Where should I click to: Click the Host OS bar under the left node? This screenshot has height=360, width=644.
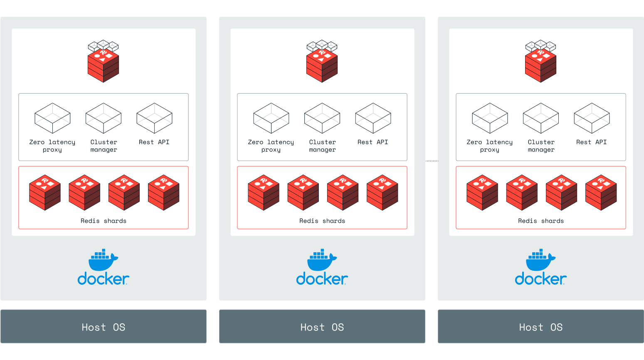pyautogui.click(x=103, y=327)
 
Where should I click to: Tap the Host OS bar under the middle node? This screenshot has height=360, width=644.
pyautogui.click(x=322, y=327)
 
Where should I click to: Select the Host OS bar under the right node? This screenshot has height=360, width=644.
pyautogui.click(x=540, y=327)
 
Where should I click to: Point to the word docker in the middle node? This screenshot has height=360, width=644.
pyautogui.click(x=322, y=279)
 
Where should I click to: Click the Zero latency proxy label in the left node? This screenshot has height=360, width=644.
pyautogui.click(x=52, y=146)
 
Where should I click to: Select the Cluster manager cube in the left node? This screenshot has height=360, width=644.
pyautogui.click(x=104, y=118)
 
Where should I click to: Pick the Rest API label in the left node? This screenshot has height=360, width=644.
pyautogui.click(x=154, y=142)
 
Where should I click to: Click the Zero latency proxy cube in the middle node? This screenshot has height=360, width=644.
pyautogui.click(x=271, y=118)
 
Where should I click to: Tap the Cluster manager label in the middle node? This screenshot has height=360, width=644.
pyautogui.click(x=322, y=146)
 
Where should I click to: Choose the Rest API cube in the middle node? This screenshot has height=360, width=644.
pyautogui.click(x=373, y=118)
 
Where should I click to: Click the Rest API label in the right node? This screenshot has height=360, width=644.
pyautogui.click(x=591, y=142)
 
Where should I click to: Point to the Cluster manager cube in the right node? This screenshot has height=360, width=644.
pyautogui.click(x=541, y=118)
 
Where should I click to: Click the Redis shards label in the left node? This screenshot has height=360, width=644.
pyautogui.click(x=104, y=221)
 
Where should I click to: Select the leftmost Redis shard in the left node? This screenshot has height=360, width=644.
pyautogui.click(x=45, y=192)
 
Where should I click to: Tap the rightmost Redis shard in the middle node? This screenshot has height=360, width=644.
pyautogui.click(x=382, y=192)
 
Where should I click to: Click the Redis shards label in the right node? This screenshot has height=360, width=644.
pyautogui.click(x=541, y=221)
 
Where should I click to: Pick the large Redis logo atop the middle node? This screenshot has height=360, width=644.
pyautogui.click(x=322, y=62)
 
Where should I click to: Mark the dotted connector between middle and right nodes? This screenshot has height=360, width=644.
pyautogui.click(x=432, y=161)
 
